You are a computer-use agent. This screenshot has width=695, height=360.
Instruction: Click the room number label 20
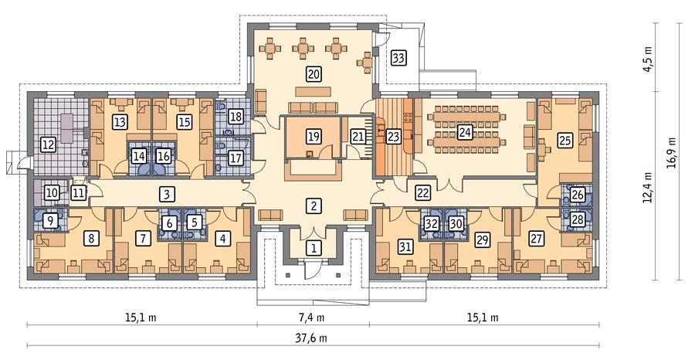pos(313,75)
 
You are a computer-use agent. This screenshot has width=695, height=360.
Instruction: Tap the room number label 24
pos(466,131)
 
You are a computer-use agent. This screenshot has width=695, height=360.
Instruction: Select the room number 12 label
pos(48,144)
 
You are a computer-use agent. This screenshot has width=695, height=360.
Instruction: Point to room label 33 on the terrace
pos(398,57)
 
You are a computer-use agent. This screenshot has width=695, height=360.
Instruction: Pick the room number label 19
pos(313,137)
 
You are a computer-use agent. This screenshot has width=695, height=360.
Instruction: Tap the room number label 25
pos(565,141)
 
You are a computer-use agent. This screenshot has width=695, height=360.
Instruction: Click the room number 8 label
pos(91,239)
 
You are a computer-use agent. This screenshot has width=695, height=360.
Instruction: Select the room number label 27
pos(535,239)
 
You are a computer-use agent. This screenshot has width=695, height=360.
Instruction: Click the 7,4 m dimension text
pos(312,318)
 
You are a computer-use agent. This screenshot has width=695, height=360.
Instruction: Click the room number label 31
pos(403,247)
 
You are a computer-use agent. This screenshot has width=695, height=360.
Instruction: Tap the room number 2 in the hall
pos(313,205)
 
